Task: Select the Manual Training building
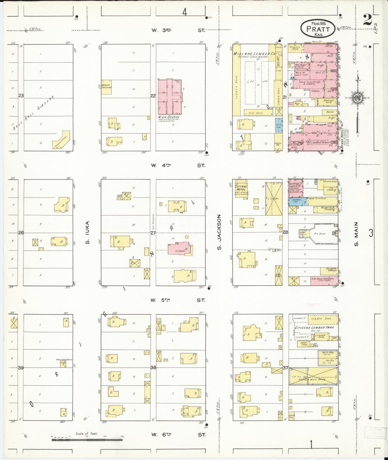point(106,87)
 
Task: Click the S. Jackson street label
point(219,232)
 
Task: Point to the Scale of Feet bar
point(87,440)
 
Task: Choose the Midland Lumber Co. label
point(254,54)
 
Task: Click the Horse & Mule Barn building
point(313,376)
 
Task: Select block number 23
point(21,96)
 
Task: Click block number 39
point(21,368)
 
